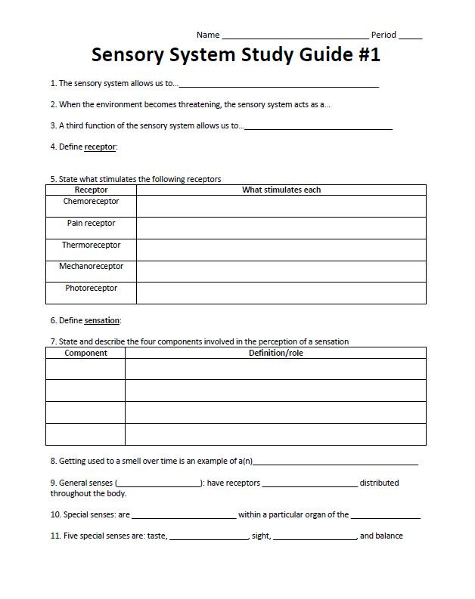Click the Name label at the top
point(208,35)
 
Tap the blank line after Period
point(410,37)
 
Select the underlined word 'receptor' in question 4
point(100,147)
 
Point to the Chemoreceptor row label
point(91,202)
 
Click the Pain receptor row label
point(91,223)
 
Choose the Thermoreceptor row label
point(91,245)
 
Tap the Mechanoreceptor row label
point(91,267)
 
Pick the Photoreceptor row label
point(91,288)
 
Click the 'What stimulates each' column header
point(281,190)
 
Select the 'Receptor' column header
point(91,190)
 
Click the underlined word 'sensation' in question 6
point(102,320)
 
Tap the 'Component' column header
point(85,353)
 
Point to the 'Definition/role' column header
point(275,353)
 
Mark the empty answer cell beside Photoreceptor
point(281,293)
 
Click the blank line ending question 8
point(337,463)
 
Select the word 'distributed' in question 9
point(379,483)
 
